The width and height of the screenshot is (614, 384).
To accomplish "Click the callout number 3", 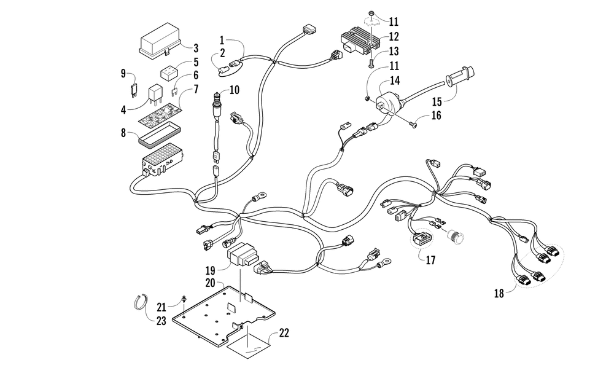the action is click(x=196, y=48).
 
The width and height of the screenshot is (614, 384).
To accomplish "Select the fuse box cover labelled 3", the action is click(x=160, y=39).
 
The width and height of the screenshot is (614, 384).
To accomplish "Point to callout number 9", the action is click(x=123, y=73).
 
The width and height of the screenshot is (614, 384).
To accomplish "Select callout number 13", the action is click(x=394, y=51).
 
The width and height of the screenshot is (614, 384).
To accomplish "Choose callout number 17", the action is click(x=430, y=260).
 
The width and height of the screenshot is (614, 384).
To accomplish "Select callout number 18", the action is click(x=499, y=293).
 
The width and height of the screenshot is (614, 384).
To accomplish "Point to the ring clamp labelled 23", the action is click(x=139, y=302).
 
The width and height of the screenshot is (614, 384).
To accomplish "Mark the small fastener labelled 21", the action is click(x=183, y=300).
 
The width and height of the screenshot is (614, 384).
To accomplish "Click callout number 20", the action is click(x=210, y=283).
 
